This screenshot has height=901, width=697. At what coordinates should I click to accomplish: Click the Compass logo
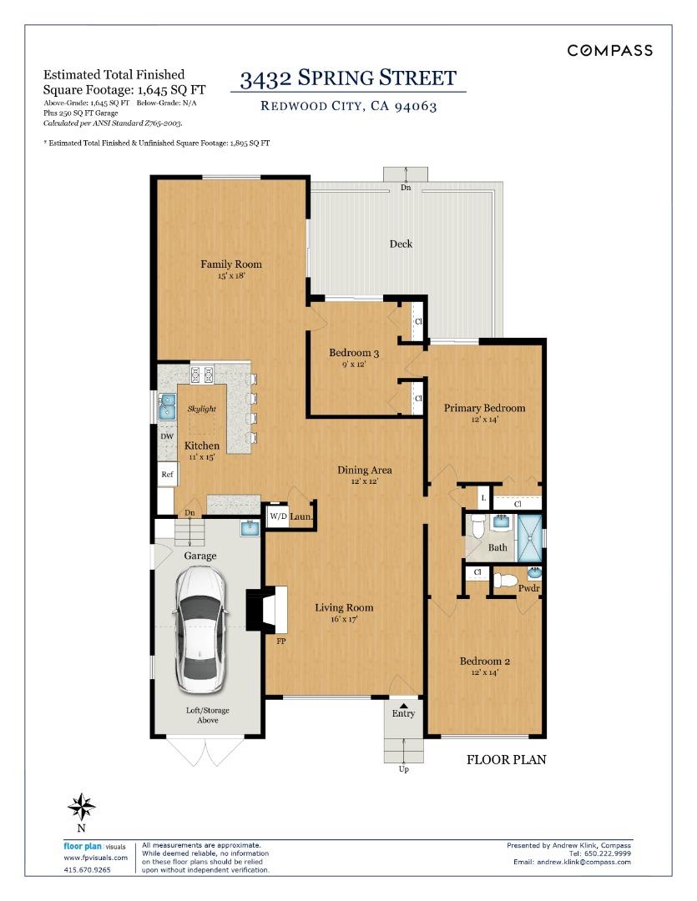609,51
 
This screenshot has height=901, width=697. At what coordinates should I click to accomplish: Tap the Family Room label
231,264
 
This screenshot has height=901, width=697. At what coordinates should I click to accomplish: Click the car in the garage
200,629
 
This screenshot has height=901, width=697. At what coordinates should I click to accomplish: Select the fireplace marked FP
267,610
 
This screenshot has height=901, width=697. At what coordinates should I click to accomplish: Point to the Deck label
401,244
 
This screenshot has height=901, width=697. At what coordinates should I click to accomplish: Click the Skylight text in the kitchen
202,409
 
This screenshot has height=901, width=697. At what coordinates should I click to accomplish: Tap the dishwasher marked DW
167,436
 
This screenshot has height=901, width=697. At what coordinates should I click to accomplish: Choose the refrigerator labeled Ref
167,474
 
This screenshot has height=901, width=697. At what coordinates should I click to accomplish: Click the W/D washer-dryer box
278,516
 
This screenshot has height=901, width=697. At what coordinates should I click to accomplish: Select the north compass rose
81,807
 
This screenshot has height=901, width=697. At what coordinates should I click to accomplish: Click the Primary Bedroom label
485,408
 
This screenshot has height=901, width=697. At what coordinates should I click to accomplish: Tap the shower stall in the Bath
530,538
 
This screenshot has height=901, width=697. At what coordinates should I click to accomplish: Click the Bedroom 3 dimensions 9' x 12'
354,365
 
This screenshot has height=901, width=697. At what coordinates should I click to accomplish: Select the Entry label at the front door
403,713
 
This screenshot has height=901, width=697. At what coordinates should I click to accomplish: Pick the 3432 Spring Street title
349,78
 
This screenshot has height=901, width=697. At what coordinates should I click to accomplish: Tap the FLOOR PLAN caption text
506,760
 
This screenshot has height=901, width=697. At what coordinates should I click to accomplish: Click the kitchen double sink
167,407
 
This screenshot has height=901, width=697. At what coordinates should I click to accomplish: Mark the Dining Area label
365,470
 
